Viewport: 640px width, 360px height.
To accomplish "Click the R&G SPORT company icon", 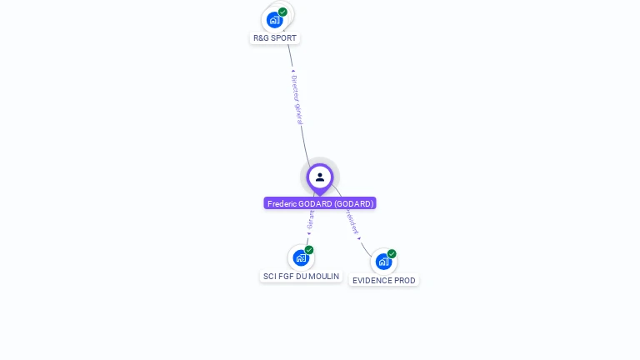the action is click(x=275, y=19).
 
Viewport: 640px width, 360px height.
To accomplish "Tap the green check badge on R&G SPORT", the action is click(x=282, y=12).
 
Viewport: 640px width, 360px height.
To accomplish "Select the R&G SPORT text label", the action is click(x=275, y=37).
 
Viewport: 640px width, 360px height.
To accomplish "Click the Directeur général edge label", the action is click(x=297, y=99).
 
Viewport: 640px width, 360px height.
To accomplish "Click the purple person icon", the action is click(x=320, y=177).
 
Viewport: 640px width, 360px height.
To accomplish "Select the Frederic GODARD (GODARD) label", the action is click(x=320, y=203).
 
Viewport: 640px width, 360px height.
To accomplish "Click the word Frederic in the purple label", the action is click(x=283, y=203).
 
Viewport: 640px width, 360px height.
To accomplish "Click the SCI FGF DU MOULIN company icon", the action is click(x=301, y=257).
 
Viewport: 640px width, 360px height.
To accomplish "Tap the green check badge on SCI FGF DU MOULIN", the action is click(x=309, y=250).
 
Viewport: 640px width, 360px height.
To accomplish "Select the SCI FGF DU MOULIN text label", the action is click(x=301, y=276).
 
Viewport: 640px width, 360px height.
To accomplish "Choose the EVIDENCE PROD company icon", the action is click(x=383, y=262).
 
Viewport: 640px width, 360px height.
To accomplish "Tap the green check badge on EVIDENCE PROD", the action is click(x=392, y=254).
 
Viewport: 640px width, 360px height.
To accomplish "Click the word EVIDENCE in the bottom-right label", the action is click(x=372, y=281).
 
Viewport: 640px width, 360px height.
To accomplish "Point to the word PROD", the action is click(x=405, y=281).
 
